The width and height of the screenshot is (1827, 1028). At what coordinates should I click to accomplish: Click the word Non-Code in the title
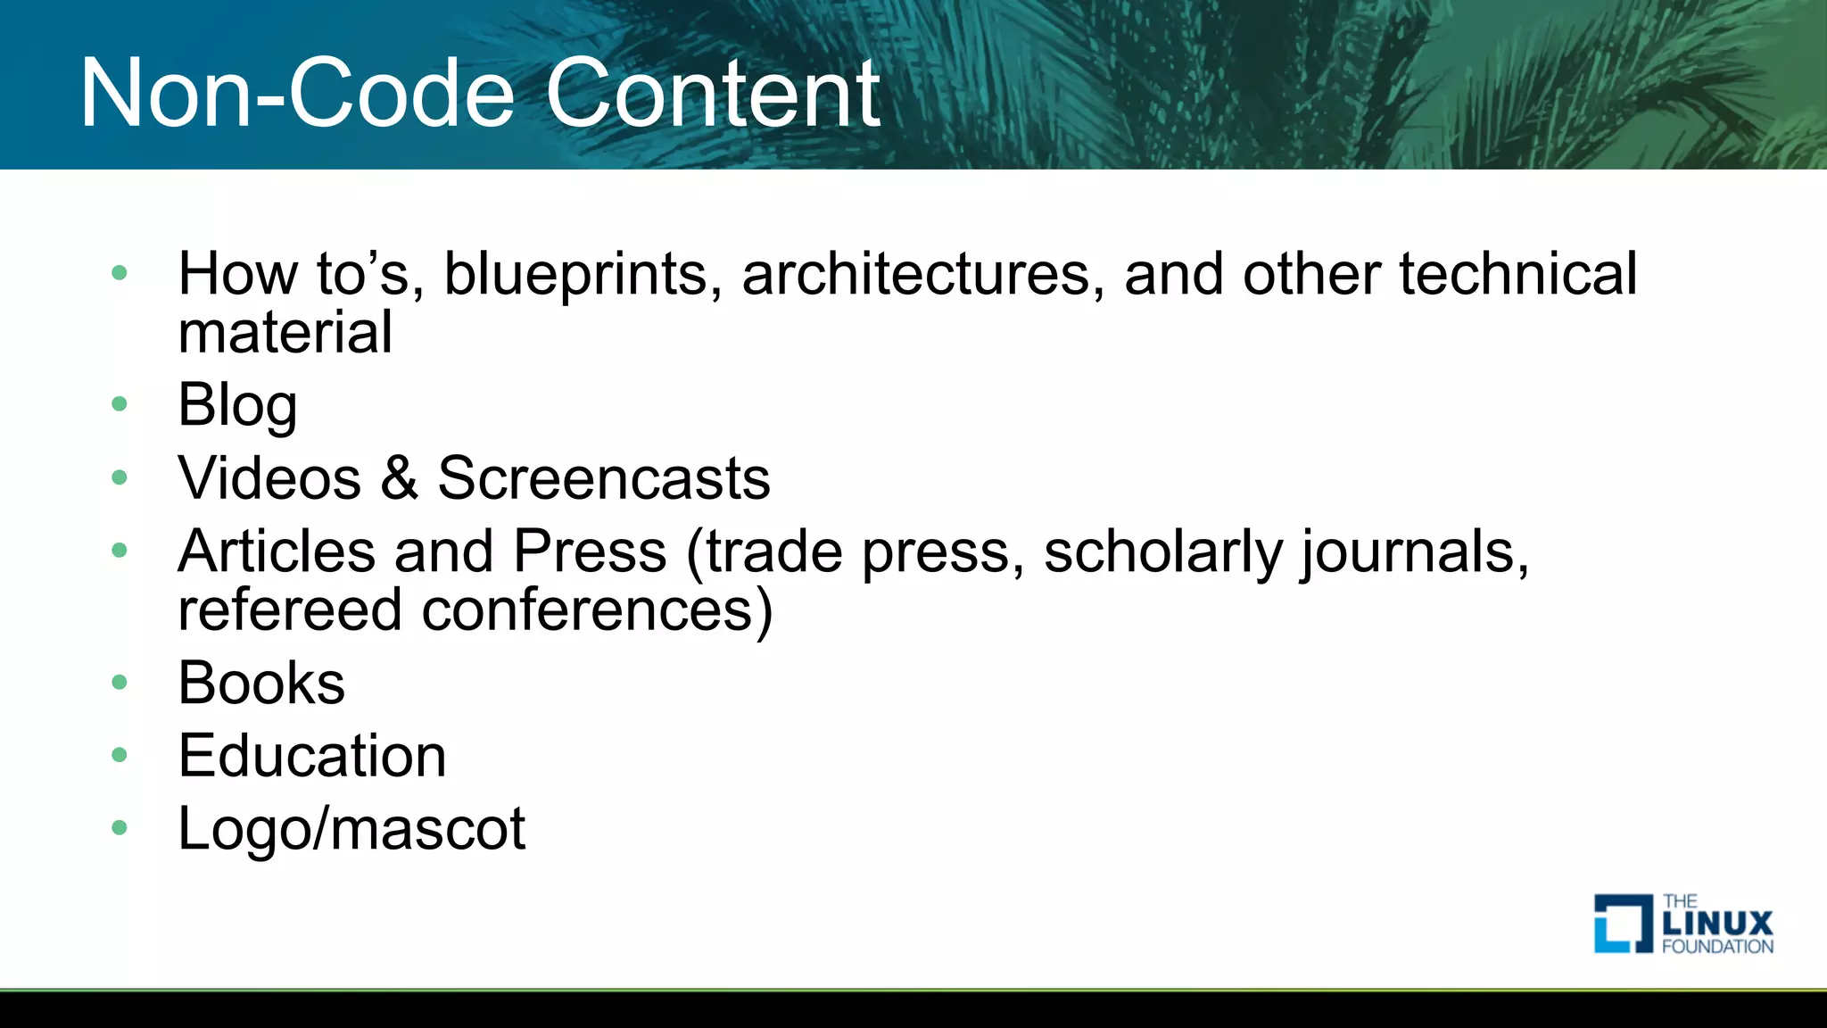297,94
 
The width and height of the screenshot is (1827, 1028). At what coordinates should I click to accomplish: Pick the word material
285,332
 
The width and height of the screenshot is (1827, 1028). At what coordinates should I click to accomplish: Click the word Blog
237,405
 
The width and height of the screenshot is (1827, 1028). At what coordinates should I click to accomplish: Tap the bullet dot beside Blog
120,405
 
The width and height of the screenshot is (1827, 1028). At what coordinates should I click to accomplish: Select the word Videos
269,478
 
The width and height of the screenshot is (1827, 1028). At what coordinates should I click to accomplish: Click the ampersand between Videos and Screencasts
399,478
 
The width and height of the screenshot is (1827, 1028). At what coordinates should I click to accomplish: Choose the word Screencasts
603,478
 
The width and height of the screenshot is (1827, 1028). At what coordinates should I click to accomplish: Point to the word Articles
277,551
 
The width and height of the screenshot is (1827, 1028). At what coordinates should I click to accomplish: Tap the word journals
1415,551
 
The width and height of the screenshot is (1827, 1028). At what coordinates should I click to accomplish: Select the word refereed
290,610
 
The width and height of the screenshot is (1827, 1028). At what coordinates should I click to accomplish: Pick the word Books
261,684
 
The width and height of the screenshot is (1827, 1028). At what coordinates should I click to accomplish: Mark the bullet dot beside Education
120,756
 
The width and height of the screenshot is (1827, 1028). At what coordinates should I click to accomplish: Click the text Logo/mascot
351,829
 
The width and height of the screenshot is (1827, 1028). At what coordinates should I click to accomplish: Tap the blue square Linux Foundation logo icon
1623,924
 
